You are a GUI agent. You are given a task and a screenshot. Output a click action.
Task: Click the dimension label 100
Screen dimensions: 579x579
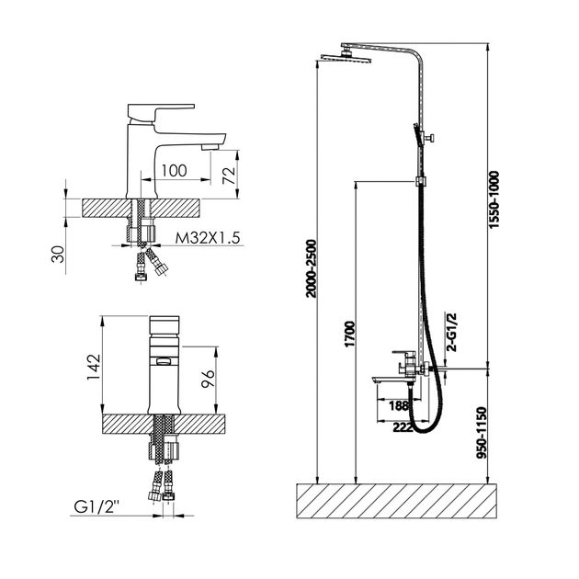point(175,171)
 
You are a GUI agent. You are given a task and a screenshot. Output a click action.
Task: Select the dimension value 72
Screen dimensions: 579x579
point(229,176)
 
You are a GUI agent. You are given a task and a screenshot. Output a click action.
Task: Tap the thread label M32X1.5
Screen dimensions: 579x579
point(208,238)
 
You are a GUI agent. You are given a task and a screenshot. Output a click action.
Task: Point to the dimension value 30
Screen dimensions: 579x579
point(58,254)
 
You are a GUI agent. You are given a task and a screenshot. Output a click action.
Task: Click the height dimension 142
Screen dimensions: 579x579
point(94,367)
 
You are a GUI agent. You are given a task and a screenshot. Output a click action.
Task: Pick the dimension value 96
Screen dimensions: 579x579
point(208,378)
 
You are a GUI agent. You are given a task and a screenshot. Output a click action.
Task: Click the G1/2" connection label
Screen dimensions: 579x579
point(96,506)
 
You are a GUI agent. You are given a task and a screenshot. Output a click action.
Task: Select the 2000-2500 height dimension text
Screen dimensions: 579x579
point(312,268)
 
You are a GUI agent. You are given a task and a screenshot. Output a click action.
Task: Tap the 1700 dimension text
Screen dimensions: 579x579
point(349,335)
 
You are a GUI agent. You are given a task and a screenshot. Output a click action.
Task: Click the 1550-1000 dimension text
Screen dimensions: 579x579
point(494,199)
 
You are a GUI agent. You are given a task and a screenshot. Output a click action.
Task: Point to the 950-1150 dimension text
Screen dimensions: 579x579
point(482,432)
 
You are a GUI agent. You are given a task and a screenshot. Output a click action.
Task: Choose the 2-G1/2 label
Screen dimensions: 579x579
point(451,333)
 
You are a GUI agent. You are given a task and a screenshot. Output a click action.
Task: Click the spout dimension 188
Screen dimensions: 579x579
point(399,405)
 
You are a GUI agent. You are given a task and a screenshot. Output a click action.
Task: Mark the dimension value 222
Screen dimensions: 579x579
point(403,427)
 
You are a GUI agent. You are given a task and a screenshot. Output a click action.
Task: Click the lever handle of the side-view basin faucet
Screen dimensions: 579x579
point(161,111)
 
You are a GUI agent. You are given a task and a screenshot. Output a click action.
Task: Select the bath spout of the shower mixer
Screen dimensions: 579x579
point(391,380)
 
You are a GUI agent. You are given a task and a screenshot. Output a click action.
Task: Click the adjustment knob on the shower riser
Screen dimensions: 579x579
point(430,138)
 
